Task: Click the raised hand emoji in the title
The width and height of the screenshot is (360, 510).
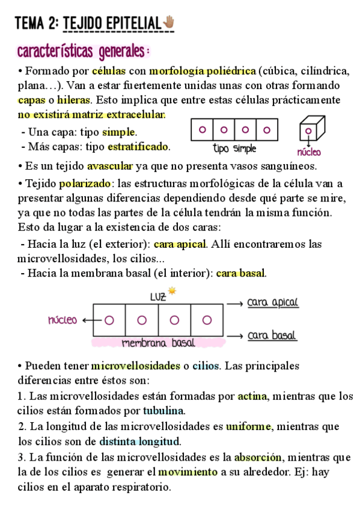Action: pyautogui.click(x=169, y=23)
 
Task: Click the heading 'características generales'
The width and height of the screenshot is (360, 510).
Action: pyautogui.click(x=84, y=51)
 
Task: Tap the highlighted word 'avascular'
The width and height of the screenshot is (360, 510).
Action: pyautogui.click(x=111, y=166)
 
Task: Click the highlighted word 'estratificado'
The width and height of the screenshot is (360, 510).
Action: pyautogui.click(x=138, y=146)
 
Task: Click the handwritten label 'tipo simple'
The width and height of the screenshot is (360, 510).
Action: pyautogui.click(x=234, y=148)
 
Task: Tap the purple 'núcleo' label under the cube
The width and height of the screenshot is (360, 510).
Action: pyautogui.click(x=309, y=152)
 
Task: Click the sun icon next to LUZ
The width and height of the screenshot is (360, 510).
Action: pyautogui.click(x=173, y=290)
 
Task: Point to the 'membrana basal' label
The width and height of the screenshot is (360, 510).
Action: pyautogui.click(x=158, y=343)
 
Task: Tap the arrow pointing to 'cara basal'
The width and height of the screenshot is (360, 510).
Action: pyautogui.click(x=236, y=336)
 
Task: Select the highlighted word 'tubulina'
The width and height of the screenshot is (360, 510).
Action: pyautogui.click(x=163, y=411)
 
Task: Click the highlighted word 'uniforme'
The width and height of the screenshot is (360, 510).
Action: pyautogui.click(x=249, y=426)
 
